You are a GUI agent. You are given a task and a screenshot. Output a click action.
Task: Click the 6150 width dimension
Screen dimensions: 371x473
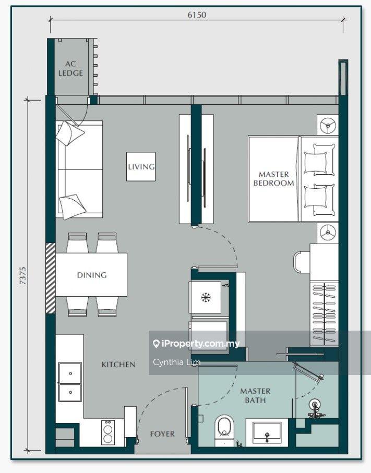197,15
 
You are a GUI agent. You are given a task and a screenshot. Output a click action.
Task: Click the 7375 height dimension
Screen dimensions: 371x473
22,276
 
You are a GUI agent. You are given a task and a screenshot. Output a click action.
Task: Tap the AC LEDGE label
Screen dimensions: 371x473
70,68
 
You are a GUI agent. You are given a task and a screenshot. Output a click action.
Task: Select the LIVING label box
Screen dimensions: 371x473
141,166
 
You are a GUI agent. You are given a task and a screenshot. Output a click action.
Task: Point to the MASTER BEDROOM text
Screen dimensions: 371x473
273,178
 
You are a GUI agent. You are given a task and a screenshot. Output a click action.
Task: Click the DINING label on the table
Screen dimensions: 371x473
92,275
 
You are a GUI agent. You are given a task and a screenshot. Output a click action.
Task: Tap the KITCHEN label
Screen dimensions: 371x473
118,365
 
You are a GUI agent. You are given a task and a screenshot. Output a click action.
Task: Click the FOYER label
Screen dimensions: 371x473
162,434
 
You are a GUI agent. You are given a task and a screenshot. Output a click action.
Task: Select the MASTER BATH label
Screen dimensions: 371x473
255,395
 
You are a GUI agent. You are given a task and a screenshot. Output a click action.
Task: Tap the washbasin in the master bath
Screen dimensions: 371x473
267,432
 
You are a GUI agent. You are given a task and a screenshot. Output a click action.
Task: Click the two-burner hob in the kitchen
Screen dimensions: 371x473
108,432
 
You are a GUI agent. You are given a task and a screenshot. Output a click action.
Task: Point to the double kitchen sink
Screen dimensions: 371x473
70,382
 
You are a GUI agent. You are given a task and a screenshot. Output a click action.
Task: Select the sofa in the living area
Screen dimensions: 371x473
80,169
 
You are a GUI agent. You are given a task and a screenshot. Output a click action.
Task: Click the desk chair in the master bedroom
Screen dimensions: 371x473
302,262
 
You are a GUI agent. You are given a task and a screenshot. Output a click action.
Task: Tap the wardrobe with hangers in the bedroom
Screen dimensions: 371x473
324,314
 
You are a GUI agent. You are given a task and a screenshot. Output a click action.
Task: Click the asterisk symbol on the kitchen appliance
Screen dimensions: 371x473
206,297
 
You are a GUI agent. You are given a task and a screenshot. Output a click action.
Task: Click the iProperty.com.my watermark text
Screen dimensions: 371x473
197,344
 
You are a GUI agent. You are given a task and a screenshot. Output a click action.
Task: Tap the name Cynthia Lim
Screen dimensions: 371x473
176,362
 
